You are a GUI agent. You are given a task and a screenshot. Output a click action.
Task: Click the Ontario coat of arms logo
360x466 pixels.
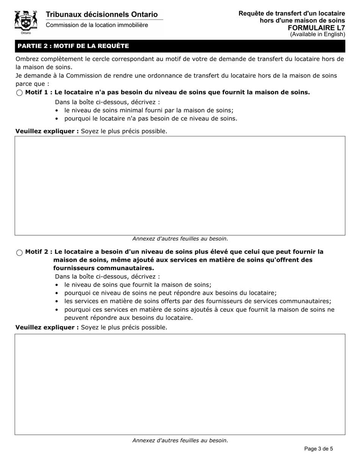pos(26,22)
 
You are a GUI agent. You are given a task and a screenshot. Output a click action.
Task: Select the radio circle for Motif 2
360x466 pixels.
pos(19,253)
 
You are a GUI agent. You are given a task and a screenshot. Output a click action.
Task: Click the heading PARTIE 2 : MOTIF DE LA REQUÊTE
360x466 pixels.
pos(73,46)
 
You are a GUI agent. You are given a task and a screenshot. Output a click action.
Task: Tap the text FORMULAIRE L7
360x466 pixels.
pos(316,28)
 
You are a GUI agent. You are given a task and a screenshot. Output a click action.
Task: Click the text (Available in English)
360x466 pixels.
pos(318,34)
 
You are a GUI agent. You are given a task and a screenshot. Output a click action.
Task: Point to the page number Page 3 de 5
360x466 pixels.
pos(319,449)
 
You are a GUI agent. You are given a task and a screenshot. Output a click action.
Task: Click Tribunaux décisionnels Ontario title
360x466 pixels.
pos(102,14)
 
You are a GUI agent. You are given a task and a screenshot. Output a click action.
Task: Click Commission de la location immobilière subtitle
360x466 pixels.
pos(97,25)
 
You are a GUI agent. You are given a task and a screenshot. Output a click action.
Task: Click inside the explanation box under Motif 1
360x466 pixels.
pos(180,186)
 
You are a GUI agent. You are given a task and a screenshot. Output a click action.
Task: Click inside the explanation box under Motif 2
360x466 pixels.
pos(180,384)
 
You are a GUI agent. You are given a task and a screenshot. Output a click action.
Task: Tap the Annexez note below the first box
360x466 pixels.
pos(180,239)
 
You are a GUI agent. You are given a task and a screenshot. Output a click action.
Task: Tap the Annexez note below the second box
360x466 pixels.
pos(180,440)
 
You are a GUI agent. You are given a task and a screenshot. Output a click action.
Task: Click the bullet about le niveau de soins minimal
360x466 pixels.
pos(149,110)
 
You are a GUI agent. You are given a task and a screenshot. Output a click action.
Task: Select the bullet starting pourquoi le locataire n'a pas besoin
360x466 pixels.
pos(151,119)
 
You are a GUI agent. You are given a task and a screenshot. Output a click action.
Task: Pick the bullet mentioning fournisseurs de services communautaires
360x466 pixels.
pos(197,301)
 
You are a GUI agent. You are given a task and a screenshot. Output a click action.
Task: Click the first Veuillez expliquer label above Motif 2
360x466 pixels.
pos(47,131)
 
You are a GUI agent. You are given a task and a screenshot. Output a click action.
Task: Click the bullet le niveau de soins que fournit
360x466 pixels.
pos(138,285)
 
